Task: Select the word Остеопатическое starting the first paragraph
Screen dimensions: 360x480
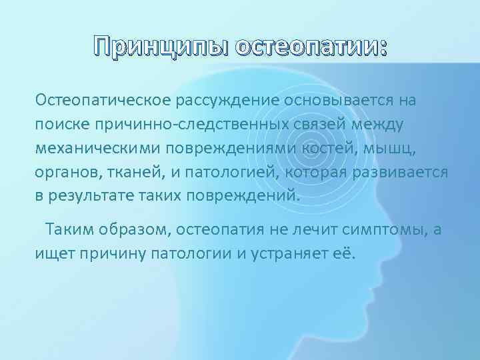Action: click(104, 101)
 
